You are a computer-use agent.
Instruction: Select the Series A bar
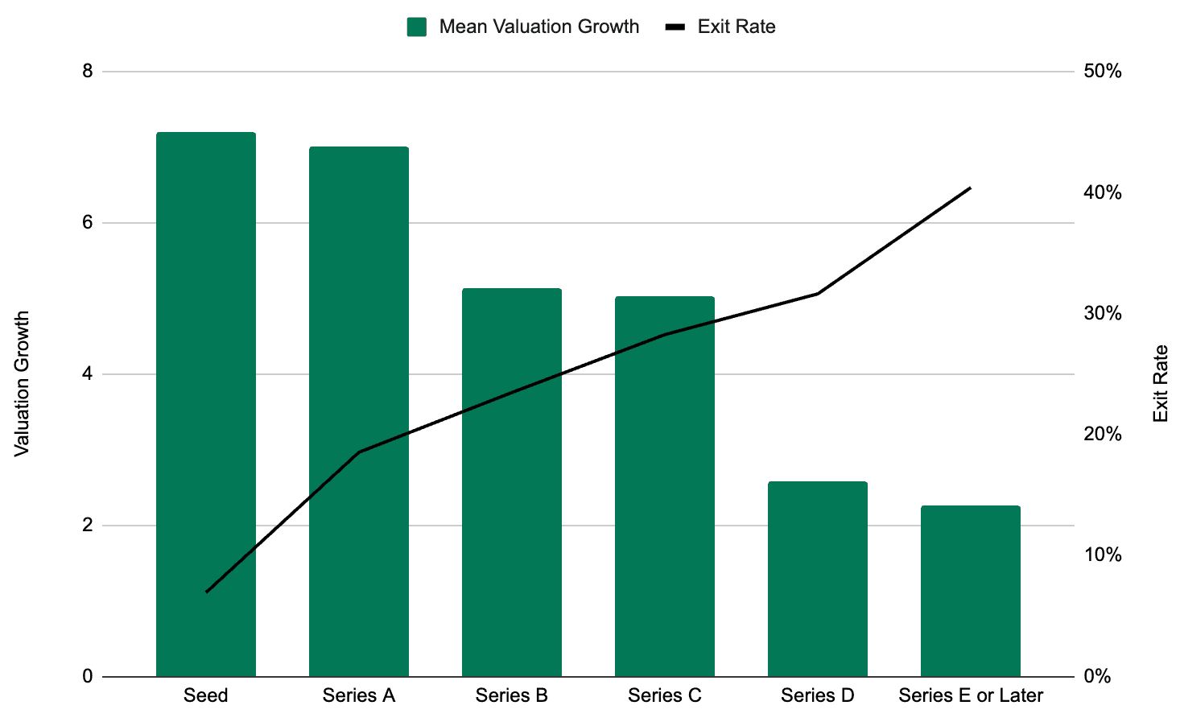pyautogui.click(x=359, y=411)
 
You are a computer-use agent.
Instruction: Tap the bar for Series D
pyautogui.click(x=818, y=579)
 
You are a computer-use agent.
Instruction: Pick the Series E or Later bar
pyautogui.click(x=971, y=591)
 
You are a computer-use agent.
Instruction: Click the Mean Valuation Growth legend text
pyautogui.click(x=538, y=27)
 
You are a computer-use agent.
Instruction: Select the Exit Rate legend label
pyautogui.click(x=736, y=27)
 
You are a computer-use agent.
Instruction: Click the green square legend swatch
pyautogui.click(x=417, y=27)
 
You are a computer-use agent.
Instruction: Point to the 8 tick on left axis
pyautogui.click(x=88, y=72)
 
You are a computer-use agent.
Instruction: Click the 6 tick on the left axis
pyautogui.click(x=88, y=223)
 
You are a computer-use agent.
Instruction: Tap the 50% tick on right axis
pyautogui.click(x=1103, y=72)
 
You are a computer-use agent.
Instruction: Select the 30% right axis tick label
pyautogui.click(x=1103, y=314)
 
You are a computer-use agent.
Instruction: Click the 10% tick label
pyautogui.click(x=1103, y=555)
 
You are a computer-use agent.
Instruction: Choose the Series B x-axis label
pyautogui.click(x=512, y=695)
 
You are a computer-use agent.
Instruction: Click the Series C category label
pyautogui.click(x=665, y=695)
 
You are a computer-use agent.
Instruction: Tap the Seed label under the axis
pyautogui.click(x=206, y=695)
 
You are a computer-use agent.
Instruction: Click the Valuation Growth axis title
pyautogui.click(x=23, y=383)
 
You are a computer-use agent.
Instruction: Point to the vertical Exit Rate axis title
pyautogui.click(x=1160, y=383)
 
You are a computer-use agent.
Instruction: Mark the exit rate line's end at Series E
pyautogui.click(x=971, y=188)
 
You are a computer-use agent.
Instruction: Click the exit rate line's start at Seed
pyautogui.click(x=207, y=592)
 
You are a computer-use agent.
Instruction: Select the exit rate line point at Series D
pyautogui.click(x=818, y=294)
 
